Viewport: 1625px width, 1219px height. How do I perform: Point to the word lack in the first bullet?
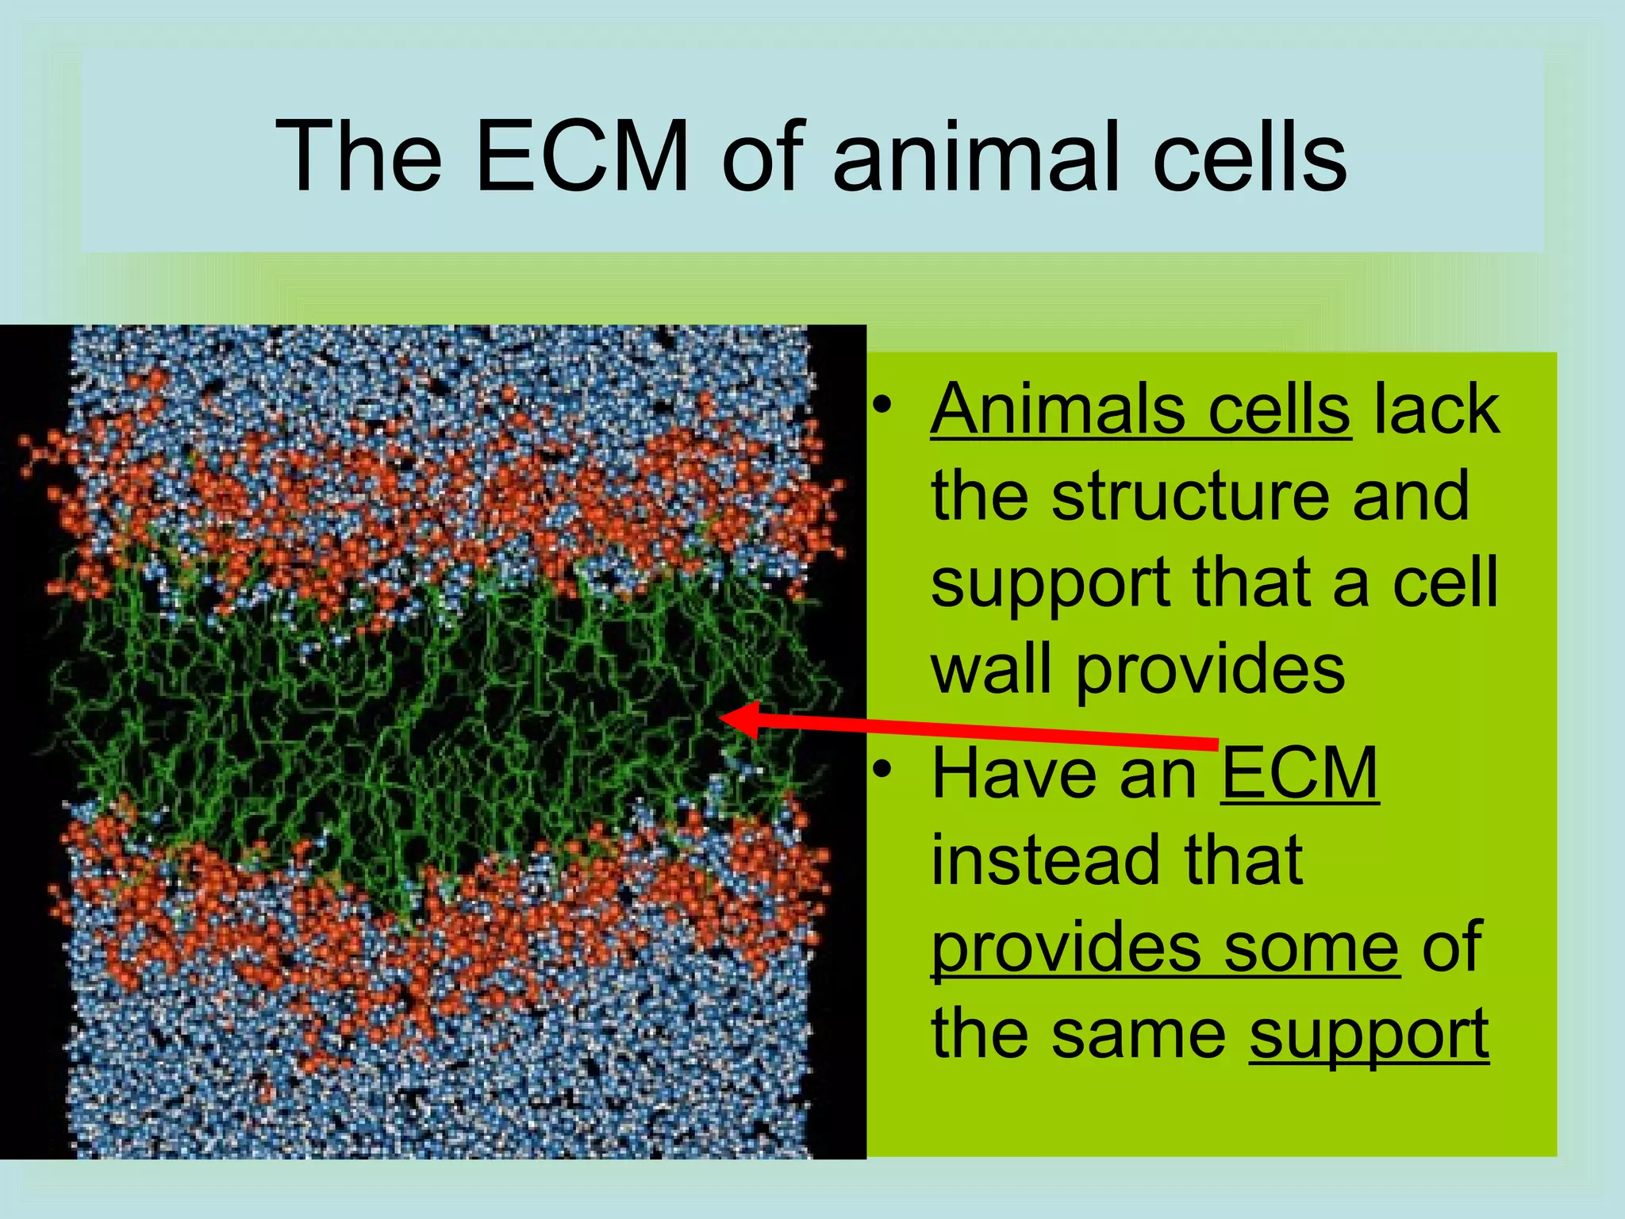pos(1437,410)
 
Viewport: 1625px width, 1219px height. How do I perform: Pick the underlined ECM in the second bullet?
pos(1299,773)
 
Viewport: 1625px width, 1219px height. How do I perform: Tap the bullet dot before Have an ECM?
pos(882,770)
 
